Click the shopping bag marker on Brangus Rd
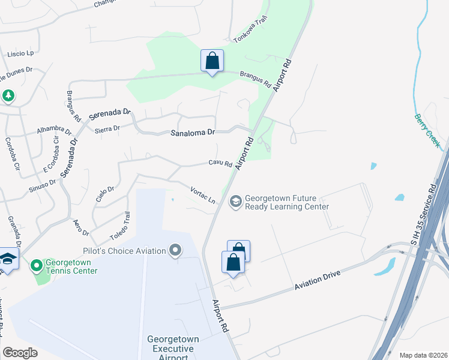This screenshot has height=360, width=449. click(212, 61)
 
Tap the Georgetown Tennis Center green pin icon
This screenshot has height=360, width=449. click(36, 265)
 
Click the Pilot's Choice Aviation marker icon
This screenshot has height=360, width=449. click(175, 250)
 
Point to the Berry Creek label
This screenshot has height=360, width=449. click(427, 131)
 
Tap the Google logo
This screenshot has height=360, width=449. click(20, 353)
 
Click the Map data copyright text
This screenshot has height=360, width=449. click(423, 355)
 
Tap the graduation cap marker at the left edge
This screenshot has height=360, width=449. click(8, 259)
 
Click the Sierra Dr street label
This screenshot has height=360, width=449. click(107, 128)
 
